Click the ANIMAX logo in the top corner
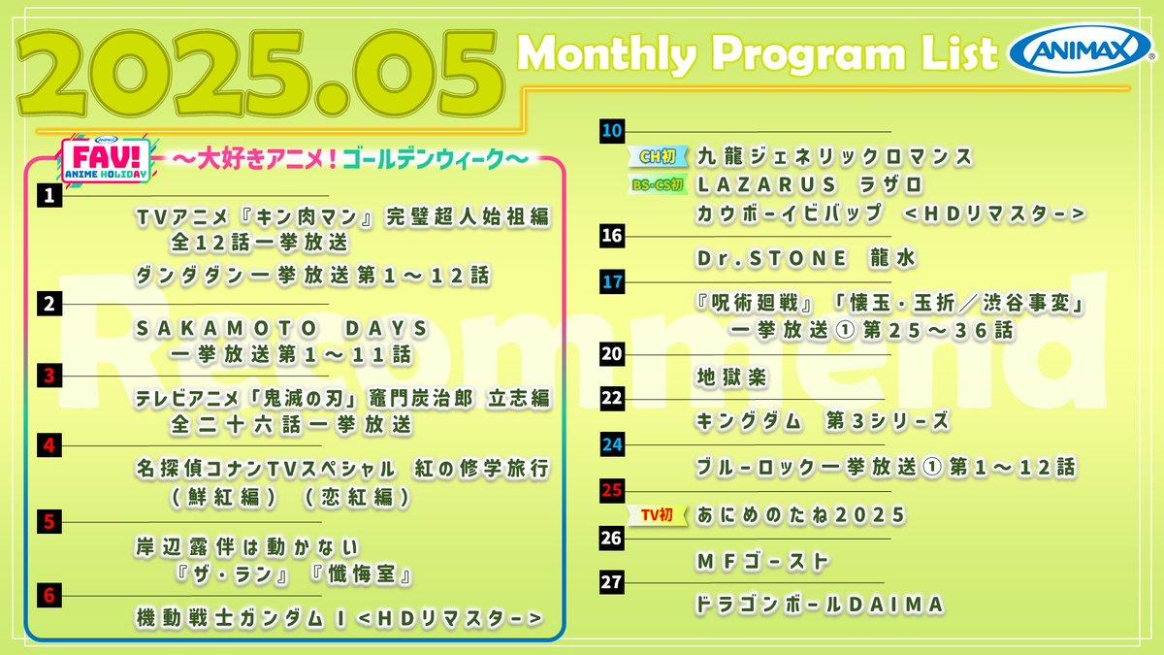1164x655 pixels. tap(1081, 50)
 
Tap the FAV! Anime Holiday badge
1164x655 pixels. tap(106, 160)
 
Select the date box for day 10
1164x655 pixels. tap(612, 130)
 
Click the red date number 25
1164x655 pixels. tap(612, 490)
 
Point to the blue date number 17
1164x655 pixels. tap(612, 282)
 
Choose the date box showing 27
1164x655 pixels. tap(612, 581)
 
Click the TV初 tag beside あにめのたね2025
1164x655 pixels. tap(658, 515)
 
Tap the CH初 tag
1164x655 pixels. tap(658, 156)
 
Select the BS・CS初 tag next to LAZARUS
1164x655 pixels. tap(658, 184)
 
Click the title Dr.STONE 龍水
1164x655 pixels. tap(806, 258)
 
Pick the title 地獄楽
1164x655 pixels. tap(731, 377)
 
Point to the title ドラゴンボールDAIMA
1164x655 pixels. tap(820, 605)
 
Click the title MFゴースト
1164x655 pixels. tap(762, 562)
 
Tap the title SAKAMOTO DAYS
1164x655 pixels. tap(282, 329)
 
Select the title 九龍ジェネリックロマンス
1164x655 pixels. tap(834, 156)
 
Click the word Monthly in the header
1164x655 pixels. tap(607, 54)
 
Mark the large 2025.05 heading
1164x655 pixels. tap(260, 73)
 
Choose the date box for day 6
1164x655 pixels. tap(49, 595)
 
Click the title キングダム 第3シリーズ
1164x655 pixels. tap(824, 421)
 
